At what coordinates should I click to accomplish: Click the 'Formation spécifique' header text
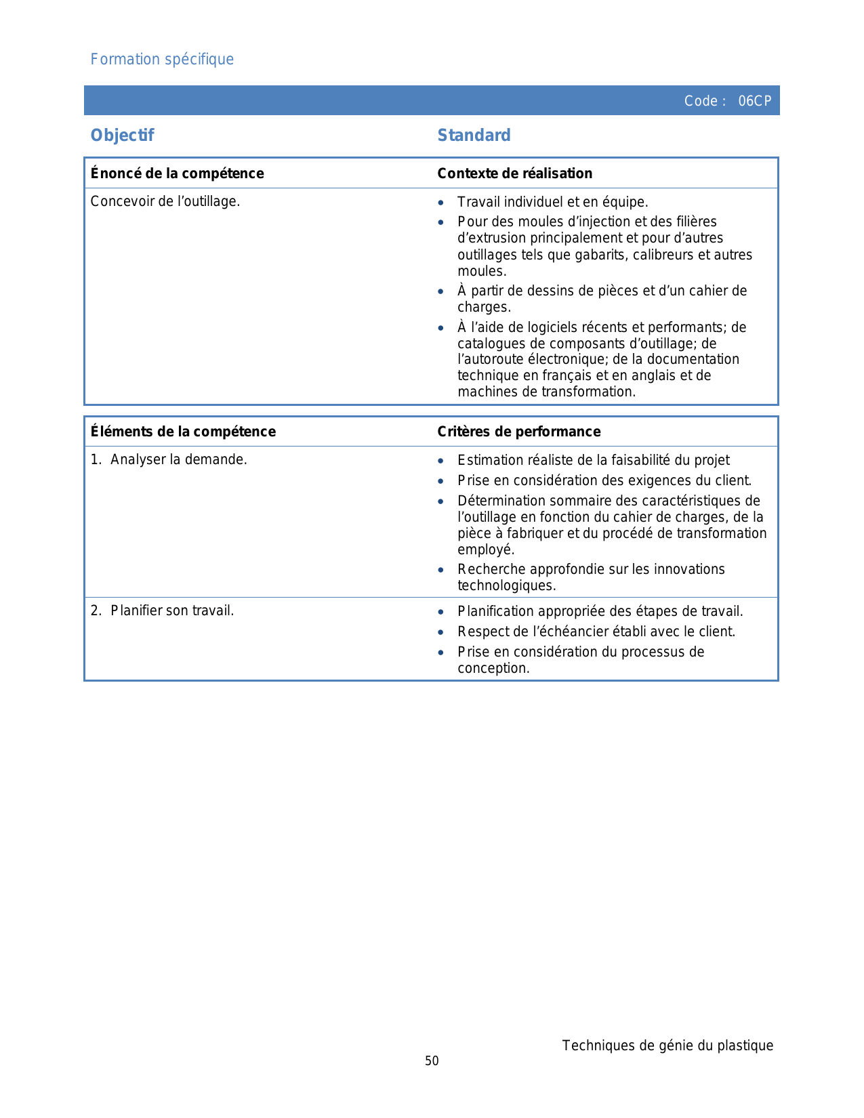pyautogui.click(x=162, y=60)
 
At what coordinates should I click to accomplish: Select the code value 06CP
pyautogui.click(x=754, y=101)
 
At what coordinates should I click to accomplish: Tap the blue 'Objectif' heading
pyautogui.click(x=122, y=136)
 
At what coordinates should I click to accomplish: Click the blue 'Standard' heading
pyautogui.click(x=474, y=136)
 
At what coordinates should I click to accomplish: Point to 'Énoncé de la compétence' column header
pyautogui.click(x=177, y=173)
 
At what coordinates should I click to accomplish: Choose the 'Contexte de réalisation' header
pyautogui.click(x=514, y=173)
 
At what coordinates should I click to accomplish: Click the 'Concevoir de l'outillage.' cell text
pyautogui.click(x=165, y=201)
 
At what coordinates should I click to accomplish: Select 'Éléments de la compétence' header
pyautogui.click(x=183, y=432)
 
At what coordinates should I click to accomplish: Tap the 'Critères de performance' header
pyautogui.click(x=518, y=432)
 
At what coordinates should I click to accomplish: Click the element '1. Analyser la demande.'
pyautogui.click(x=169, y=459)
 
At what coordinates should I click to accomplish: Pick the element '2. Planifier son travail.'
pyautogui.click(x=162, y=610)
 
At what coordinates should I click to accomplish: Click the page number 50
pyautogui.click(x=432, y=1061)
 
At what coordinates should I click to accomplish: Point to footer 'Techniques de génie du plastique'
pyautogui.click(x=667, y=1045)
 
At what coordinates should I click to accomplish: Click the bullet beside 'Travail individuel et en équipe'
pyautogui.click(x=441, y=203)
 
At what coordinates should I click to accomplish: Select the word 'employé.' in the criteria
pyautogui.click(x=486, y=550)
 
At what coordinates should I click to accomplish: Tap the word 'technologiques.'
pyautogui.click(x=506, y=585)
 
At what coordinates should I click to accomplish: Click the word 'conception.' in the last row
pyautogui.click(x=493, y=668)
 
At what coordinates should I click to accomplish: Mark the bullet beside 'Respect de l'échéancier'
pyautogui.click(x=441, y=632)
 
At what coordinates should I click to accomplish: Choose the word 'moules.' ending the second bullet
pyautogui.click(x=482, y=271)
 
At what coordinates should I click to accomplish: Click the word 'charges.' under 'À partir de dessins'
pyautogui.click(x=484, y=307)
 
